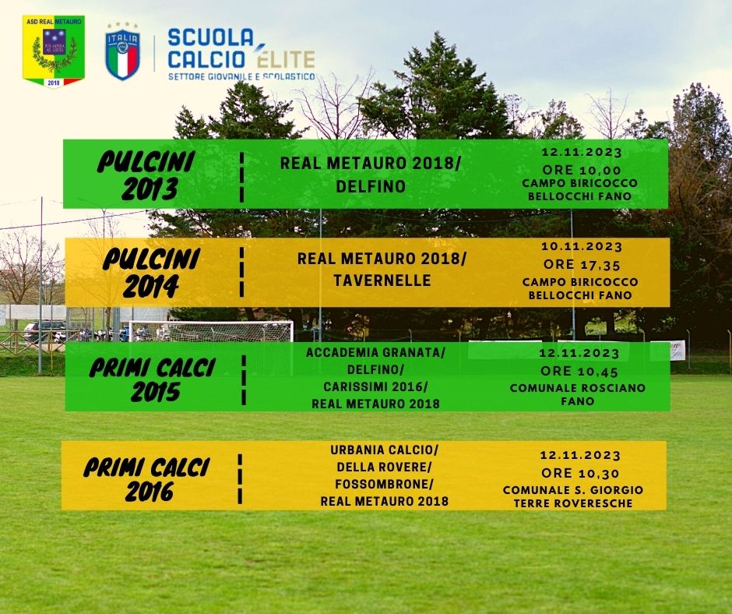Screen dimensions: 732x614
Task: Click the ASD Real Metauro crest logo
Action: [54, 51]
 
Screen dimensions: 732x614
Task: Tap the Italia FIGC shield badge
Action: [122, 51]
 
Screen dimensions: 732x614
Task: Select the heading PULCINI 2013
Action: [146, 175]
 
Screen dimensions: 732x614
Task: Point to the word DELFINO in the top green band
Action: [371, 186]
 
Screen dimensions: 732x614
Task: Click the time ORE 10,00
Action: [582, 170]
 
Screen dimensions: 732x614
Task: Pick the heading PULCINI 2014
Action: [151, 273]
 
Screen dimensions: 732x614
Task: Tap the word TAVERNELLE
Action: [382, 281]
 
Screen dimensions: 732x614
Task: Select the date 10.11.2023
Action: [582, 246]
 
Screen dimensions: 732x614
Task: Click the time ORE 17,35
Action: [582, 265]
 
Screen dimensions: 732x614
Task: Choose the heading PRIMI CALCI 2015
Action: [153, 379]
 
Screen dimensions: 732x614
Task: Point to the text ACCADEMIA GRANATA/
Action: [376, 352]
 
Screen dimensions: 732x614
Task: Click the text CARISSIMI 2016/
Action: [376, 387]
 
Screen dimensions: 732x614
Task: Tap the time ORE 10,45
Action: [579, 372]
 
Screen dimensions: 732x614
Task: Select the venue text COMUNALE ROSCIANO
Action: [578, 388]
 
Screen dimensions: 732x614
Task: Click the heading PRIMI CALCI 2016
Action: [147, 479]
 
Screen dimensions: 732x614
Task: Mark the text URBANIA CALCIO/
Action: [384, 450]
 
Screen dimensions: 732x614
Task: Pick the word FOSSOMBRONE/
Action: [384, 484]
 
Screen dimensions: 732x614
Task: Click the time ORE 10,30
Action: [580, 473]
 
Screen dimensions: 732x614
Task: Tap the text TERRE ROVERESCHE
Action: [573, 503]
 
